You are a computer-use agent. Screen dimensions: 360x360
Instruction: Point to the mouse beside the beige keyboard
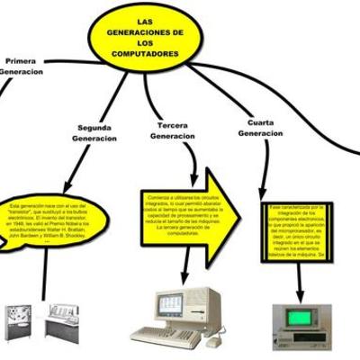click(212, 341)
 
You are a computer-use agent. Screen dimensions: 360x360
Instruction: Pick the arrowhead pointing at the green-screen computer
click(300, 295)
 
